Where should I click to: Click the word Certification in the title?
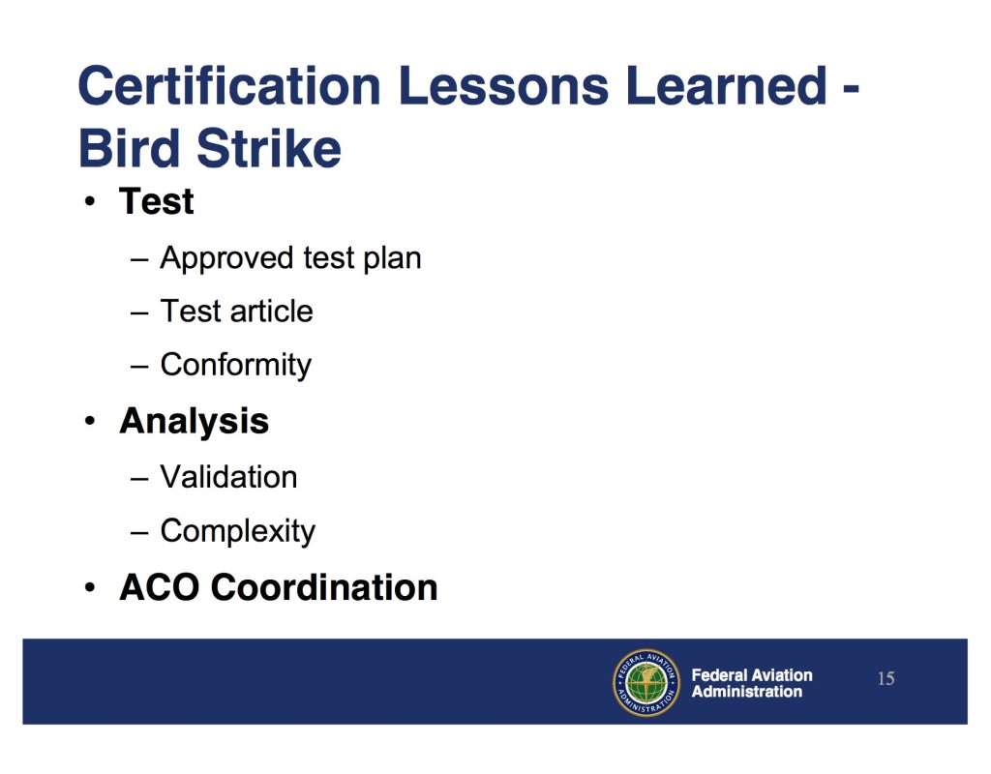(229, 85)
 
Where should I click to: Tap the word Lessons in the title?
(503, 85)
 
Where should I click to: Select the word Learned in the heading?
(726, 85)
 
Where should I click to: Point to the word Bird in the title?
(130, 148)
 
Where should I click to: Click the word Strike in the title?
(269, 148)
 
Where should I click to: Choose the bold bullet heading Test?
(156, 201)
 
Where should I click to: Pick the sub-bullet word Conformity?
(236, 365)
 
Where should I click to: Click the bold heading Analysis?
(194, 422)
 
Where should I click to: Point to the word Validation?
(228, 477)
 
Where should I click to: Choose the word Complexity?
(238, 531)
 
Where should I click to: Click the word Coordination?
(324, 587)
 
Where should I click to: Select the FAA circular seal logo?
(646, 683)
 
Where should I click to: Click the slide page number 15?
(886, 678)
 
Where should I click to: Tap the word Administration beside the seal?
(747, 692)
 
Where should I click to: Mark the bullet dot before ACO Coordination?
(90, 588)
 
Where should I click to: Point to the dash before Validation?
(139, 479)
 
